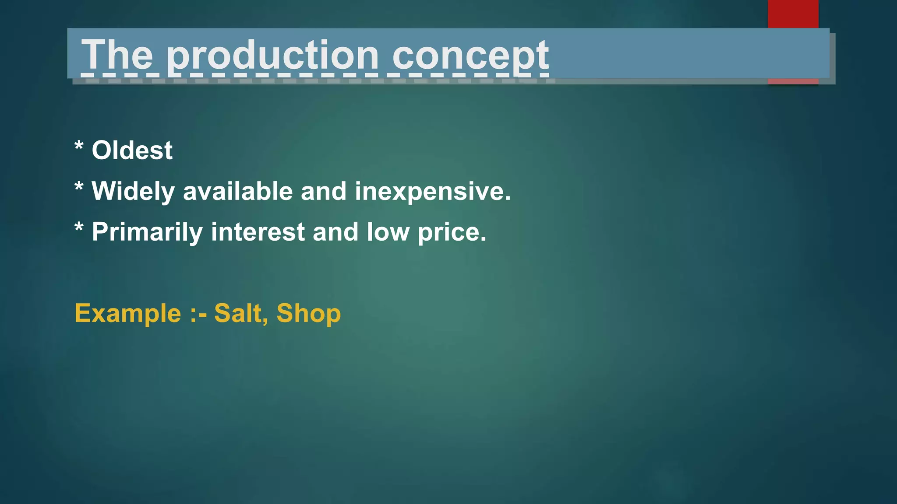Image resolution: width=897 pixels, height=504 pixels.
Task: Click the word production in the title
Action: (272, 56)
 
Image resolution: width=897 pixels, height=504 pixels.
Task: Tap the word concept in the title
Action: (470, 56)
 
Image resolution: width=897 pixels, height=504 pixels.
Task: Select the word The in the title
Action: (117, 55)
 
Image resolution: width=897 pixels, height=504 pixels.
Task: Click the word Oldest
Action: (132, 150)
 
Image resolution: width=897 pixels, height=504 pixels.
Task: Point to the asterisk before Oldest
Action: (79, 146)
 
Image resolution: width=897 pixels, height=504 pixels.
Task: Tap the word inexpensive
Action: (432, 192)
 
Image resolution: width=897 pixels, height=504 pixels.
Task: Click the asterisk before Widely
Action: (79, 187)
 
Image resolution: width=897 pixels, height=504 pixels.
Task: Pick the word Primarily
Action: (147, 232)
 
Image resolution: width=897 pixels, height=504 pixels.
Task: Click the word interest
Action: (258, 232)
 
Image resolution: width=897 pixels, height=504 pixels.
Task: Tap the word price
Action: (452, 232)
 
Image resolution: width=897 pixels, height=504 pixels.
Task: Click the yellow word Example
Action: (127, 314)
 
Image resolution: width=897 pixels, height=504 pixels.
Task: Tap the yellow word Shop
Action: (308, 314)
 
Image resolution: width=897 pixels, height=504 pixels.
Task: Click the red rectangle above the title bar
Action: (793, 14)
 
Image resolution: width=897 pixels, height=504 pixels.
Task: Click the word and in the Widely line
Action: (324, 192)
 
